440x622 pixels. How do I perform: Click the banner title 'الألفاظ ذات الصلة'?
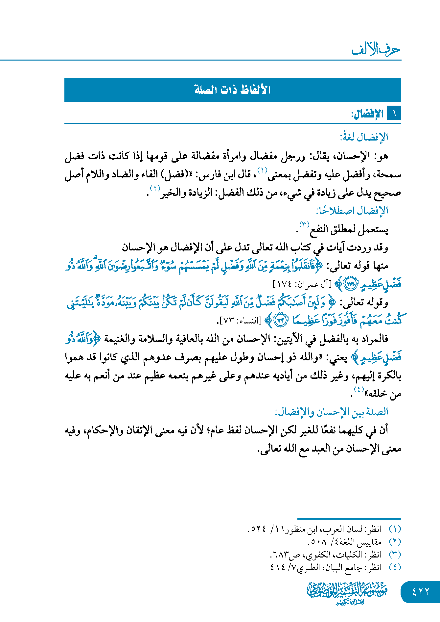[233, 90]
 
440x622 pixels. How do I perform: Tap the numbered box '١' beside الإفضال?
[394, 114]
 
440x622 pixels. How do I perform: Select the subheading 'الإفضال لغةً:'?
[364, 137]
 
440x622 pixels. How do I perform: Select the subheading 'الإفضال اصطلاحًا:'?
[352, 211]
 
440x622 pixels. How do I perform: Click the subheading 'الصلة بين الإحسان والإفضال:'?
[331, 412]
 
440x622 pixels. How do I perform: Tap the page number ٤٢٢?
[420, 592]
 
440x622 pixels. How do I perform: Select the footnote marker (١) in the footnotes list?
[395, 529]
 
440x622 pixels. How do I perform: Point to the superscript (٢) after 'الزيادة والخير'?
[155, 188]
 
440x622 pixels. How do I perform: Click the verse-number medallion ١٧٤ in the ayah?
[351, 284]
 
